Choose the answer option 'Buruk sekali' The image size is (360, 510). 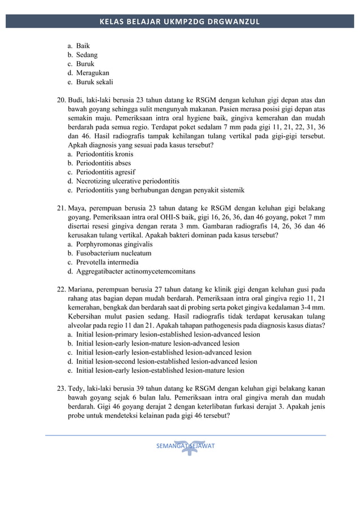pyautogui.click(x=94, y=82)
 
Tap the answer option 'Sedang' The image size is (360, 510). pyautogui.click(x=87, y=55)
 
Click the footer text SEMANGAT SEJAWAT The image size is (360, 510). pyautogui.click(x=186, y=446)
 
